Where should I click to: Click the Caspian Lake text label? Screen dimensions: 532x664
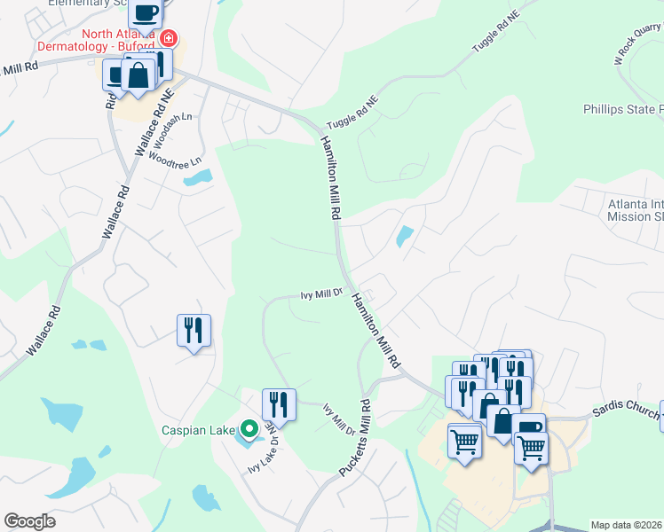pos(196,431)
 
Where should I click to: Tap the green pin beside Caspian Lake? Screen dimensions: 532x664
pos(249,429)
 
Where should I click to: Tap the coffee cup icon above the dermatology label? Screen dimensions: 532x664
pos(146,13)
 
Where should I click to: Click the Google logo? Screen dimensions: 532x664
pos(29,521)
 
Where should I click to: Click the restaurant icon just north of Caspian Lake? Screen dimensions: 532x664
pos(279,405)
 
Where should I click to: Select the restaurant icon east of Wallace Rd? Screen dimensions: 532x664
pos(194,331)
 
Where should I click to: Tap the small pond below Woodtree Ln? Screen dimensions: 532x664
pos(197,178)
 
